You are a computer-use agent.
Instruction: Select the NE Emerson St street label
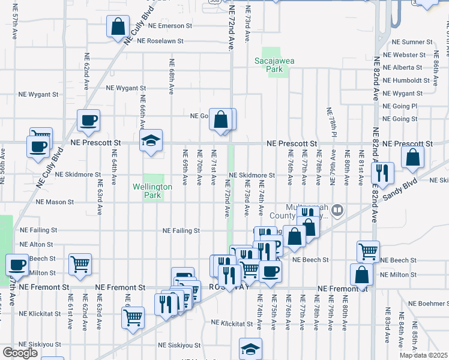[x=164, y=26]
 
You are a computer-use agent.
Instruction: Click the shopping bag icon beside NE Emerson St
[x=118, y=26]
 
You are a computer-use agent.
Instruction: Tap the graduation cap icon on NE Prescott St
[x=151, y=141]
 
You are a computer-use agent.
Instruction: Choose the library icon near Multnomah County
[x=337, y=209]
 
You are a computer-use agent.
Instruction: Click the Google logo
[x=20, y=353]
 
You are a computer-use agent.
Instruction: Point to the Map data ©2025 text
[x=424, y=355]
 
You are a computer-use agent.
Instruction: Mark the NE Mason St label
[x=55, y=202]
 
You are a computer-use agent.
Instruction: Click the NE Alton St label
[x=38, y=245]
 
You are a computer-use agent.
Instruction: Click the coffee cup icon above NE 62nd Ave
[x=88, y=120]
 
